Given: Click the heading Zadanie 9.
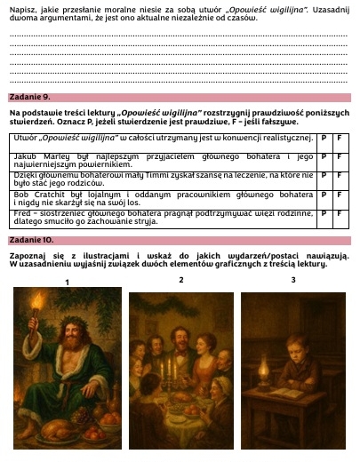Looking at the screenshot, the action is [29, 97].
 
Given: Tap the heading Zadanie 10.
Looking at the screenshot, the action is [31, 241].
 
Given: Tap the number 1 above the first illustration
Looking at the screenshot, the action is [68, 282].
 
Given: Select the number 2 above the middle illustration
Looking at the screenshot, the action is [180, 280].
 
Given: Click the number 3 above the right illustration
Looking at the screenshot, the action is [293, 280].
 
